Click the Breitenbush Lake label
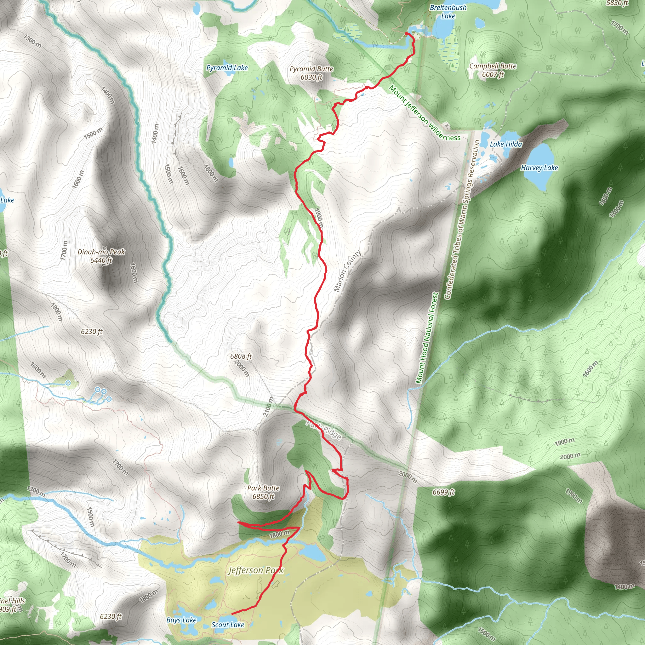tap(448, 12)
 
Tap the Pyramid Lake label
tap(227, 68)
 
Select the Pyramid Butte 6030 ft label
tap(311, 73)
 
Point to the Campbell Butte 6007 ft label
tap(493, 70)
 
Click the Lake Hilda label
tap(506, 144)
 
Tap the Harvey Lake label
tap(539, 168)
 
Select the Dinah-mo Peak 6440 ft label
tap(101, 256)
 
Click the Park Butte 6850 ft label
tap(263, 492)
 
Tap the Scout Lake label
tap(228, 625)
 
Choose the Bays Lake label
tap(181, 620)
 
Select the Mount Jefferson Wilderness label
tap(425, 113)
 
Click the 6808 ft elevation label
tap(241, 356)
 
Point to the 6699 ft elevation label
tap(443, 492)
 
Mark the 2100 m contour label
tap(268, 407)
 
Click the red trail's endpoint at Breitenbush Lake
tap(406, 34)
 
